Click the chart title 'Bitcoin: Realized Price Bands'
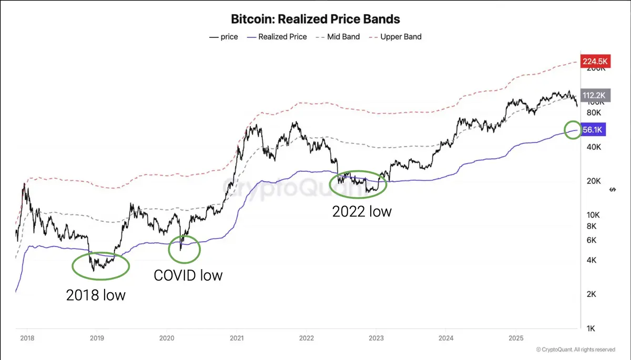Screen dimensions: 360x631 click(x=315, y=19)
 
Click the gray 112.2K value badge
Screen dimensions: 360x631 click(x=594, y=95)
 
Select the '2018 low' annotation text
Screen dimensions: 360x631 click(x=96, y=295)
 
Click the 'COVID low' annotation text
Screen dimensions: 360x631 click(x=188, y=275)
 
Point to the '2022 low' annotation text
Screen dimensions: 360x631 click(x=362, y=212)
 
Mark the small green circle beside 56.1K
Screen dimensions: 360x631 click(x=573, y=130)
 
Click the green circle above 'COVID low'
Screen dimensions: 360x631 click(x=184, y=250)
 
